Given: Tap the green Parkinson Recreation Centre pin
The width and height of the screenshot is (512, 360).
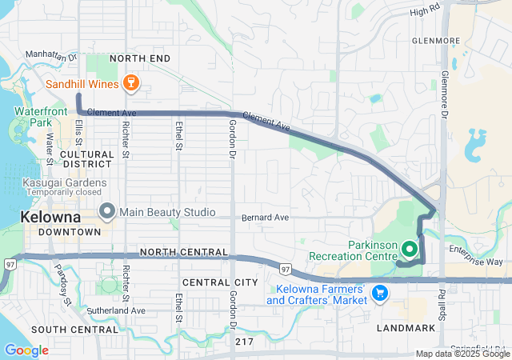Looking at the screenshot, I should (410, 250).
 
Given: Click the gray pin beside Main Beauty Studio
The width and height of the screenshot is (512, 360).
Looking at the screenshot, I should (107, 212).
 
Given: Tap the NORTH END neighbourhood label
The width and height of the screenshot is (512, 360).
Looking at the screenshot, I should (140, 59).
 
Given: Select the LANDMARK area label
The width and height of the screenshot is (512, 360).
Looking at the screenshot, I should (406, 327).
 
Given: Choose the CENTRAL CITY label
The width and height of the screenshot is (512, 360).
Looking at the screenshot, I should (220, 282).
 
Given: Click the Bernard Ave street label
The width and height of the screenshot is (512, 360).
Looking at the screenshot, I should (264, 218).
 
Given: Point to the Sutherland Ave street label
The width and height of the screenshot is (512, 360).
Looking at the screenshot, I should (117, 310).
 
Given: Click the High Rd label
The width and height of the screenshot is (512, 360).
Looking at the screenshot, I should (425, 12).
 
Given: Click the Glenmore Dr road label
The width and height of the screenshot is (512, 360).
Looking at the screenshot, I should (444, 91).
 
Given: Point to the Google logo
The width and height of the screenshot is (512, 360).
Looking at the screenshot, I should (26, 350).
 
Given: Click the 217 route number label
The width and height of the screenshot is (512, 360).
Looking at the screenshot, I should (246, 342).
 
